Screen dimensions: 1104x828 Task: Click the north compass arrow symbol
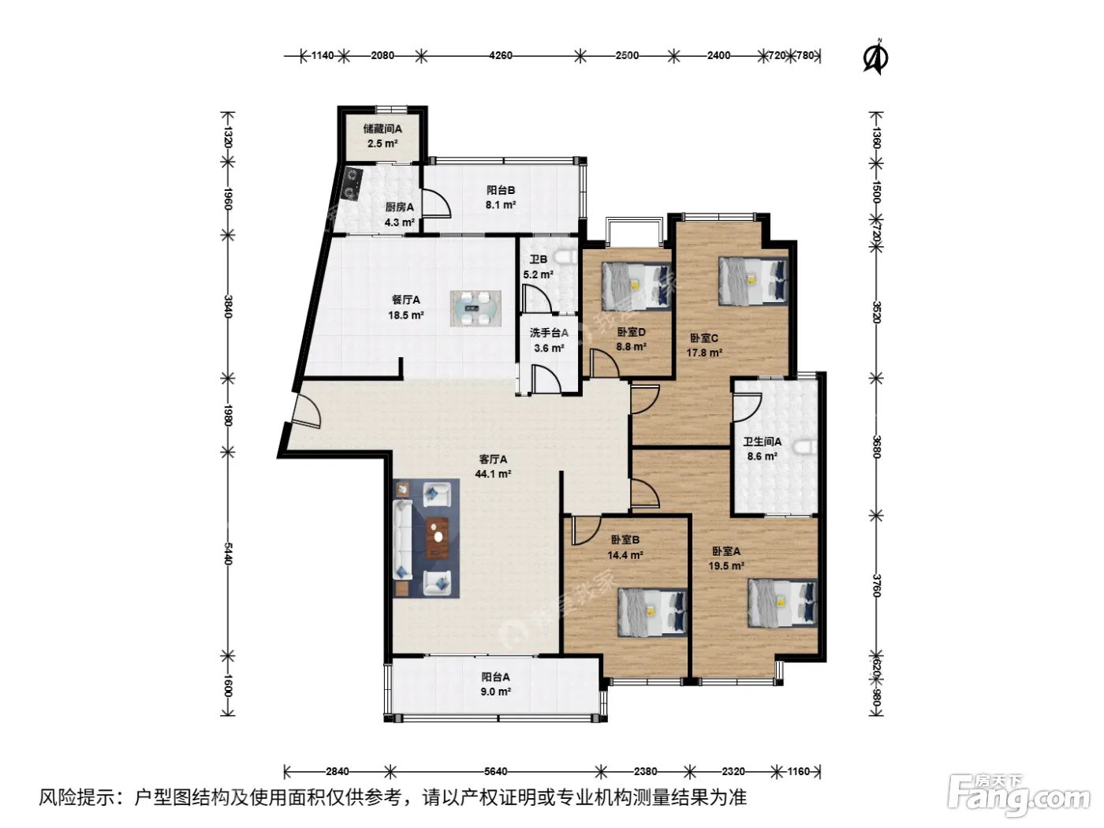click(875, 58)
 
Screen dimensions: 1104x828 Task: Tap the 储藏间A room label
click(382, 129)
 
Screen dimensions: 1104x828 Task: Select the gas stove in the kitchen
click(351, 184)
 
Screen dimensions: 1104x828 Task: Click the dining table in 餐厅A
click(476, 308)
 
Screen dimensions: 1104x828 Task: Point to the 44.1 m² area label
click(493, 474)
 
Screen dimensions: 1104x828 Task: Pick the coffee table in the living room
click(438, 538)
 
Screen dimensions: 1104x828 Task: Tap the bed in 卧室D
click(636, 286)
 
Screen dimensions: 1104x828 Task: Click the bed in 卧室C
click(753, 281)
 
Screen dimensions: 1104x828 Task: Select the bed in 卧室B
click(652, 613)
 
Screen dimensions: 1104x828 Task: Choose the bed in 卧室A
click(782, 602)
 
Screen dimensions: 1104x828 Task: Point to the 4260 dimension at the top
click(501, 55)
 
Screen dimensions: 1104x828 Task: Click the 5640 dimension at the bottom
click(495, 771)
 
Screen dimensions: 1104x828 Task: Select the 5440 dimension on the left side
click(227, 553)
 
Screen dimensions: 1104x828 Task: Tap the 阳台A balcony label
click(495, 677)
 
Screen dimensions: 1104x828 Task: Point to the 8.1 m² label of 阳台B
click(501, 204)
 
